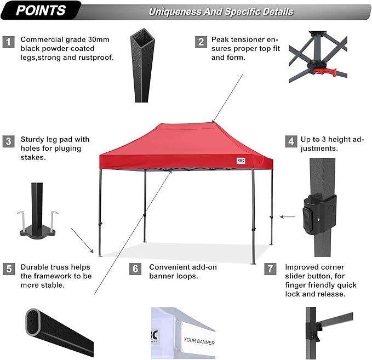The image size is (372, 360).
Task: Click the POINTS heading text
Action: (41, 10)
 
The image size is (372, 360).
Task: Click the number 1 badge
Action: (8, 42)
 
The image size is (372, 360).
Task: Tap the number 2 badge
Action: (202, 42)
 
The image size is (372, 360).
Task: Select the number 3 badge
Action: (8, 141)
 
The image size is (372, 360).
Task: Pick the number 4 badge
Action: (290, 141)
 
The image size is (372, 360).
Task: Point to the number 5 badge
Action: (8, 269)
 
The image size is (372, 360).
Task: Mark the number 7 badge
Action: (270, 269)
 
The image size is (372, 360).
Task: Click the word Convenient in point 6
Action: (169, 267)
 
